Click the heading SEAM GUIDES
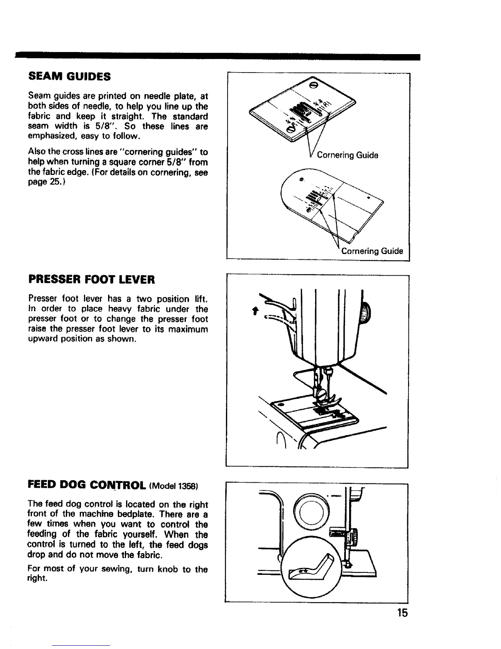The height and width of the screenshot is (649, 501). click(69, 76)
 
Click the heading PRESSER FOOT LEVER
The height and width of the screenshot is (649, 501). click(92, 280)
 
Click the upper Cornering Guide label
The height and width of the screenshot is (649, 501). click(348, 155)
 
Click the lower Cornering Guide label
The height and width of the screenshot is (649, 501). click(372, 251)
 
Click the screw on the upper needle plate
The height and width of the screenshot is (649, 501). click(314, 85)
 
